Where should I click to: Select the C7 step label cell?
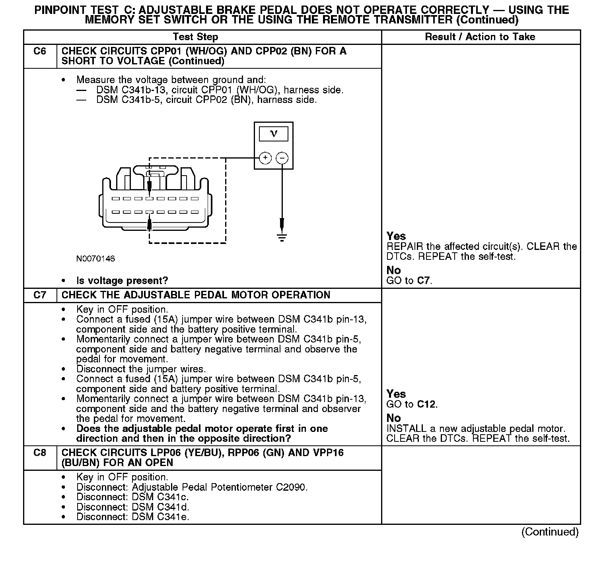pyautogui.click(x=40, y=295)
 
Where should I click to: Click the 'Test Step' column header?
pyautogui.click(x=195, y=37)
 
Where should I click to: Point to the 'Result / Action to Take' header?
pyautogui.click(x=480, y=37)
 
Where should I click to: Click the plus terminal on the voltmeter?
pyautogui.click(x=265, y=158)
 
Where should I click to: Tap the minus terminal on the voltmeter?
pyautogui.click(x=282, y=158)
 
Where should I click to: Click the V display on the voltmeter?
pyautogui.click(x=274, y=134)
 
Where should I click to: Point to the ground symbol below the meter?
pyautogui.click(x=282, y=238)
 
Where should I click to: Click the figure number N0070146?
pyautogui.click(x=95, y=259)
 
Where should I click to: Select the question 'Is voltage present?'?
pyautogui.click(x=122, y=281)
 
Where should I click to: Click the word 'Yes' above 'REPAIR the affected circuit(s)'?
pyautogui.click(x=396, y=236)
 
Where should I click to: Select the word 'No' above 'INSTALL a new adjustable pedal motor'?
pyautogui.click(x=393, y=418)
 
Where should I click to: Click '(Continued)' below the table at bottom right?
pyautogui.click(x=550, y=532)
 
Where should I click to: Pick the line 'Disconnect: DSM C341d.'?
pyautogui.click(x=133, y=507)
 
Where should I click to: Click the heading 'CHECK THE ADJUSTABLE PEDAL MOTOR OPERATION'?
pyautogui.click(x=196, y=295)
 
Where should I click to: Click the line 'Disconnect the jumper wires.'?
pyautogui.click(x=141, y=369)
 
